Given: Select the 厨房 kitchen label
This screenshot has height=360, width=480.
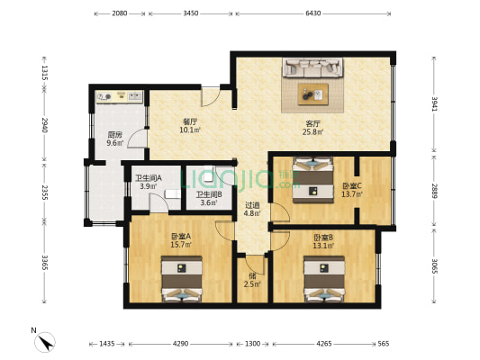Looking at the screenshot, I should (114, 136).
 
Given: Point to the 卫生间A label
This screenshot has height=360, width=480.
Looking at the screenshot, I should (148, 177).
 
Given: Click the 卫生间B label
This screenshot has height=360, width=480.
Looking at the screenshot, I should (210, 194).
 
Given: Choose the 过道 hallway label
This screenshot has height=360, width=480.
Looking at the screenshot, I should (253, 204).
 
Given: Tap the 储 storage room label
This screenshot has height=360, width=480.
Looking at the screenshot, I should (253, 276).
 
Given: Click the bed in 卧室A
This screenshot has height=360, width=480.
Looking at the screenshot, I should (183, 279).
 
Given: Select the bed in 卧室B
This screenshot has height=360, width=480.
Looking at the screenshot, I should (323, 280).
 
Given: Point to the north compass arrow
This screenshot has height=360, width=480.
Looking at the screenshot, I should (44, 342).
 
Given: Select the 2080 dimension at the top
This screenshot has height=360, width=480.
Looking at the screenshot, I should (119, 14).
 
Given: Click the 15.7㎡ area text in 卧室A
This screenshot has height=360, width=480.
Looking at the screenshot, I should (179, 245).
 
